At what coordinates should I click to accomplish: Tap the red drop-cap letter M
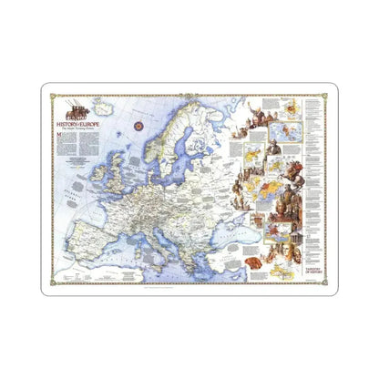59,134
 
